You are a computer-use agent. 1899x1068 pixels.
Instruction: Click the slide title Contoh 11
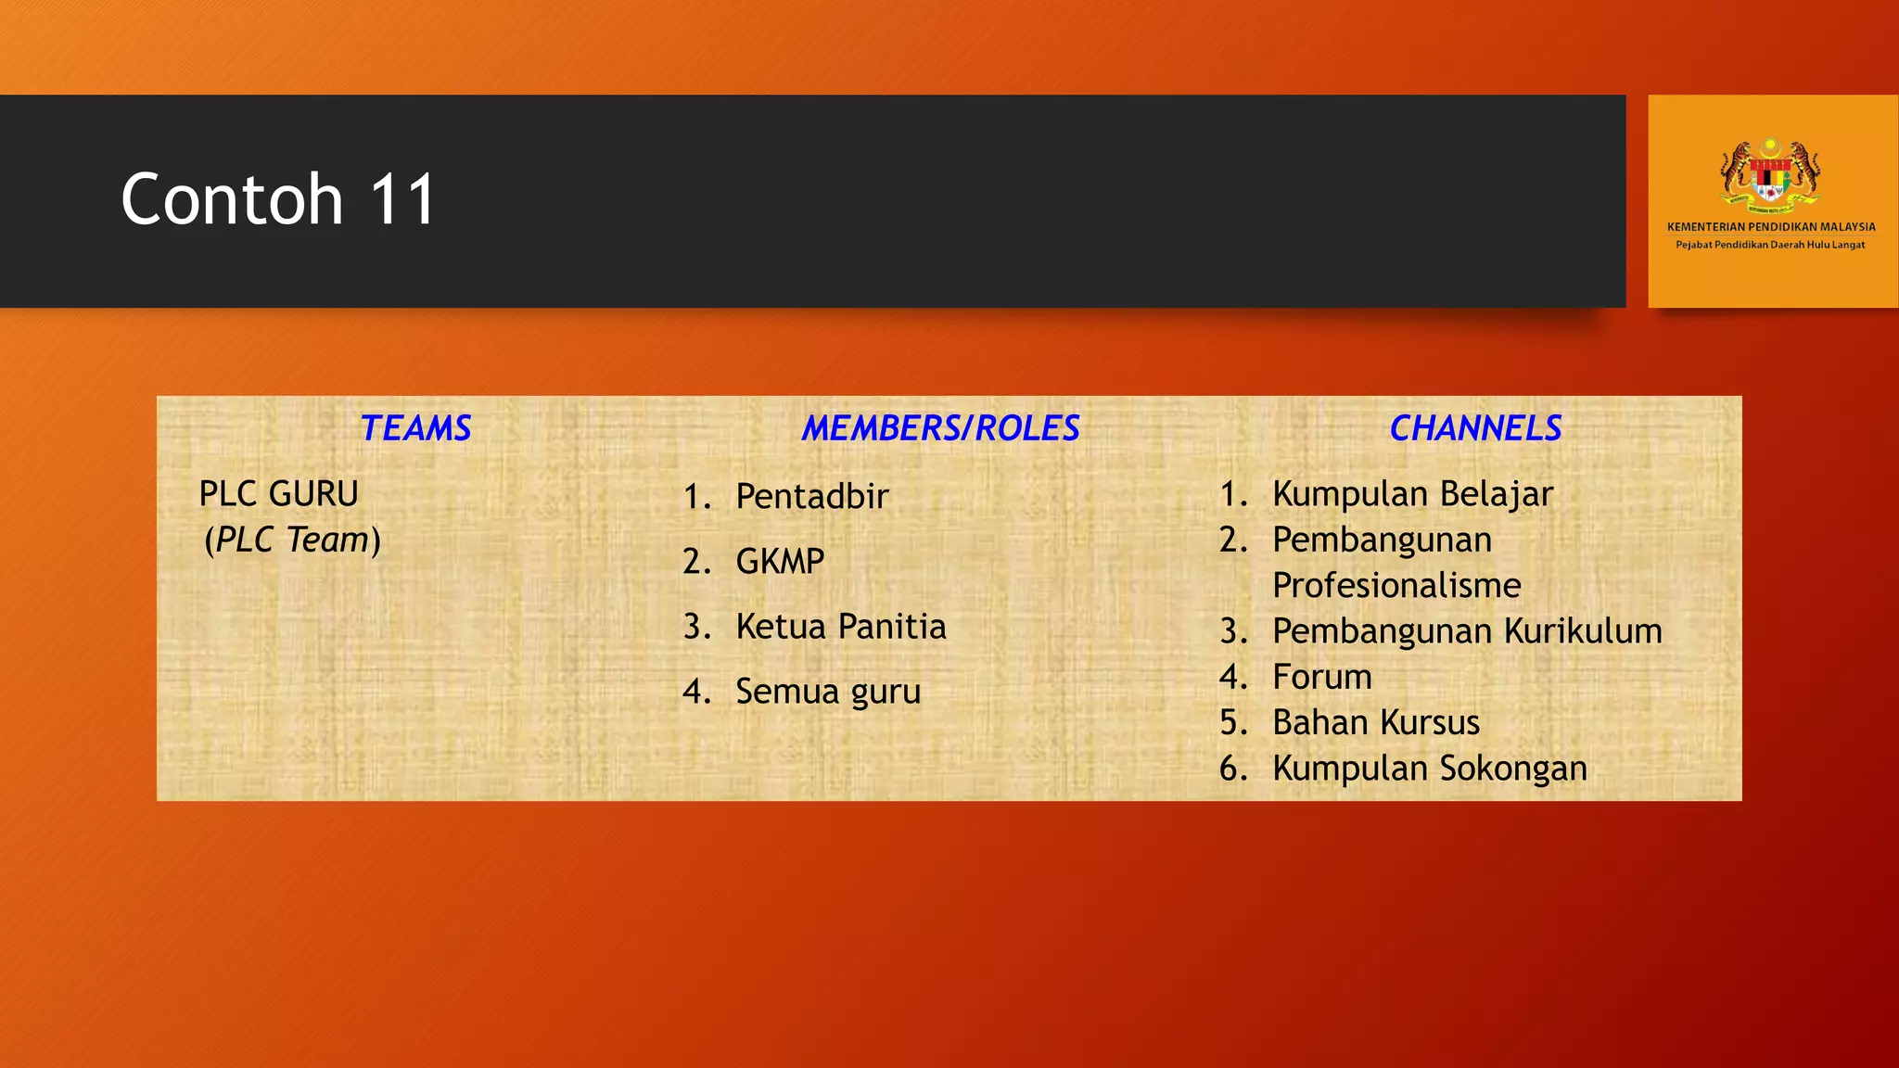tap(278, 199)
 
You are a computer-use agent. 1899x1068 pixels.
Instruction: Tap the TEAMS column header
tap(415, 428)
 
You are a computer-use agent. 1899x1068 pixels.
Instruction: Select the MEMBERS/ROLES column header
tap(940, 428)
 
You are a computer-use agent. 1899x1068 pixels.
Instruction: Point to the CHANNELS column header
tap(1475, 428)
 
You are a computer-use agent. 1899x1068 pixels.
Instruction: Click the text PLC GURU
tap(278, 494)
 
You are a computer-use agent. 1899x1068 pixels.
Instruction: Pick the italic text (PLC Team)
tap(292, 540)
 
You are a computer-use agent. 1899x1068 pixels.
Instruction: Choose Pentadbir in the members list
tap(811, 497)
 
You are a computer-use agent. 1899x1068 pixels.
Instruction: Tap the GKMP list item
tap(779, 562)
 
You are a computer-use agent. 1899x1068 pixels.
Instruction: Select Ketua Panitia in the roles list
tap(840, 627)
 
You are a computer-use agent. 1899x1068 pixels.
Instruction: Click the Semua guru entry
tap(827, 692)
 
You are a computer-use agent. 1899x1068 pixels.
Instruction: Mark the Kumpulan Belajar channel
tap(1411, 494)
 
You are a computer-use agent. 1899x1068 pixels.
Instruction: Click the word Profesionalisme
tap(1396, 586)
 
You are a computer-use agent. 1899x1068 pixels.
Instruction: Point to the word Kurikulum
tap(1583, 631)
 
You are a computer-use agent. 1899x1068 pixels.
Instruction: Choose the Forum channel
tap(1321, 677)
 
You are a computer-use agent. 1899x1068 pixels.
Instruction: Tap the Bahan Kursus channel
tap(1375, 722)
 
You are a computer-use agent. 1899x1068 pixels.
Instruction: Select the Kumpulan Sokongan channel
tap(1429, 769)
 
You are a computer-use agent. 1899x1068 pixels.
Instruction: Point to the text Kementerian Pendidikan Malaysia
tap(1771, 227)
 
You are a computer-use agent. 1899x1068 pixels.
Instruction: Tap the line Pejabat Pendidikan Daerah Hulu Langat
tap(1770, 245)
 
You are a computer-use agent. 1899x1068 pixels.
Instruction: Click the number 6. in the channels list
tap(1233, 769)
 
